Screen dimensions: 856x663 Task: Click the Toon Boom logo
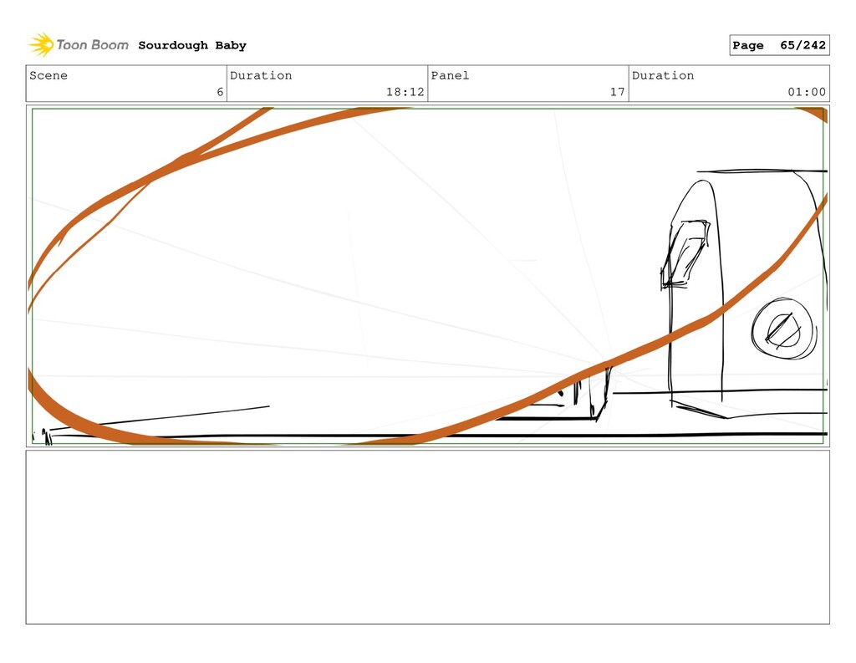click(79, 45)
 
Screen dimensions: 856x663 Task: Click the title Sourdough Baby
click(192, 45)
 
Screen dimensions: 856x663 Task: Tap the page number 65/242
click(802, 45)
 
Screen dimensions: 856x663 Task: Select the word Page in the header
click(747, 45)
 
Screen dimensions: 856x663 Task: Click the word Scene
click(48, 75)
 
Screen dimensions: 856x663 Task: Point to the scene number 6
click(220, 92)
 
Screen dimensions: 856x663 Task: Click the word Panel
click(450, 75)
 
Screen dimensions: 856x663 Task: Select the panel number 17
click(617, 92)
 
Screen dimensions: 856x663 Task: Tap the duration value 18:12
click(405, 92)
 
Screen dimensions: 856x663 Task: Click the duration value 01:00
click(806, 92)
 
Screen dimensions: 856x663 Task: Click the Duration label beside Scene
click(261, 75)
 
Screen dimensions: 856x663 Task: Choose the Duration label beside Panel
click(663, 75)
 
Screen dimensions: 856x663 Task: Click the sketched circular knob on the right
click(782, 329)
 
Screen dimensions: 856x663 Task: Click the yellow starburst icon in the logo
click(41, 44)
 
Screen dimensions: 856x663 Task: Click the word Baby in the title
click(231, 45)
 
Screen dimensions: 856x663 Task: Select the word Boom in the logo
click(110, 45)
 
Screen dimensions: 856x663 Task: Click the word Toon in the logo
click(72, 45)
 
